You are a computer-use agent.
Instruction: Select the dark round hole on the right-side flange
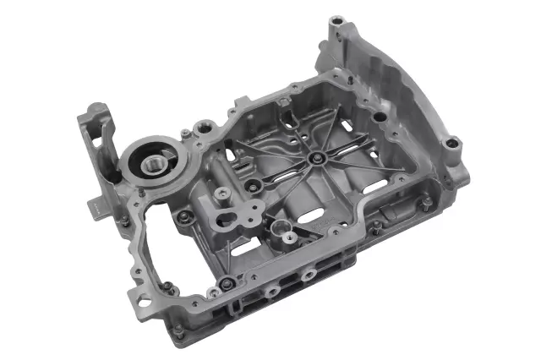[x=380, y=117]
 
